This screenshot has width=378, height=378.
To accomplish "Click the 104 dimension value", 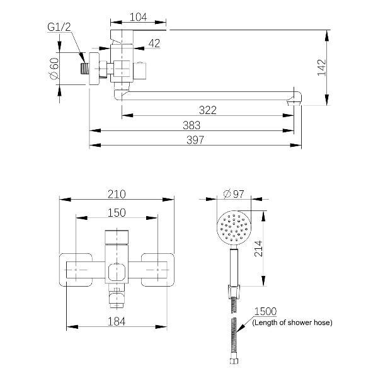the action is tap(138, 18).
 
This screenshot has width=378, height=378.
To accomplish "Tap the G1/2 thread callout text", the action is tap(59, 27).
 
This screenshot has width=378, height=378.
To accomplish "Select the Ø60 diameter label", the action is tap(54, 69).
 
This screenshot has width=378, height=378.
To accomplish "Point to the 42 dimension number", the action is tap(154, 43).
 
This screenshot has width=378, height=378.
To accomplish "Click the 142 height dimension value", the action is tap(321, 67).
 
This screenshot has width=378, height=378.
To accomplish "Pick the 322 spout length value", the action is tap(208, 110).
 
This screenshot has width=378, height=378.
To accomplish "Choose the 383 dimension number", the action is tap(192, 125).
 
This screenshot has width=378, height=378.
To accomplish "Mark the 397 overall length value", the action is tap(195, 140).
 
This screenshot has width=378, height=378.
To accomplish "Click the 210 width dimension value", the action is tap(117, 194).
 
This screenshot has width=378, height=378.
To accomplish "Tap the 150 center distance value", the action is tap(117, 213).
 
